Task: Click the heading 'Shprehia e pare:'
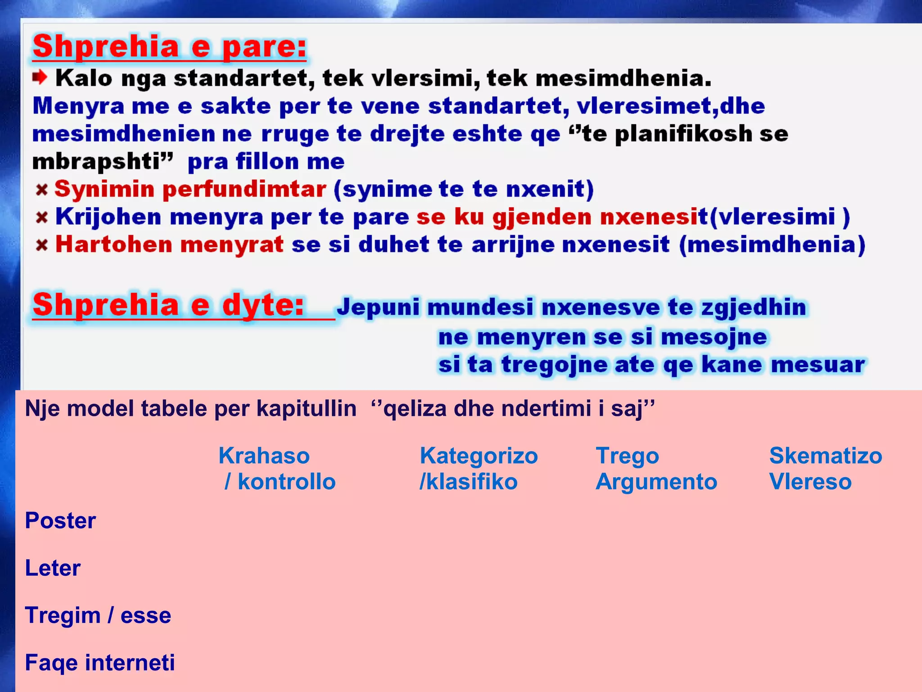[169, 47]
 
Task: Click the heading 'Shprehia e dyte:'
[168, 305]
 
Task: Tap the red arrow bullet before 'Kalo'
[40, 77]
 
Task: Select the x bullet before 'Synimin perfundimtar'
[42, 190]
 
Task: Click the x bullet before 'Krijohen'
[42, 218]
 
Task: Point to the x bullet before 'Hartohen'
[42, 245]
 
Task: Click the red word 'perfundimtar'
[244, 189]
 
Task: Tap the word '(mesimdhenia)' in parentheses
[772, 245]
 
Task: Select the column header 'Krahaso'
[264, 455]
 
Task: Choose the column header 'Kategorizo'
[479, 455]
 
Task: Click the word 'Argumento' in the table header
[656, 482]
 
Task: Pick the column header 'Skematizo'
[825, 455]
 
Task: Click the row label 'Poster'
[60, 520]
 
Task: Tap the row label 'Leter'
[53, 568]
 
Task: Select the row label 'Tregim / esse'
[98, 615]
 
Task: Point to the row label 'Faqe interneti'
[100, 663]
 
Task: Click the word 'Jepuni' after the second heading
[378, 307]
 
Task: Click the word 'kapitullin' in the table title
[306, 409]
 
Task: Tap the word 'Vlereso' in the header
[810, 482]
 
